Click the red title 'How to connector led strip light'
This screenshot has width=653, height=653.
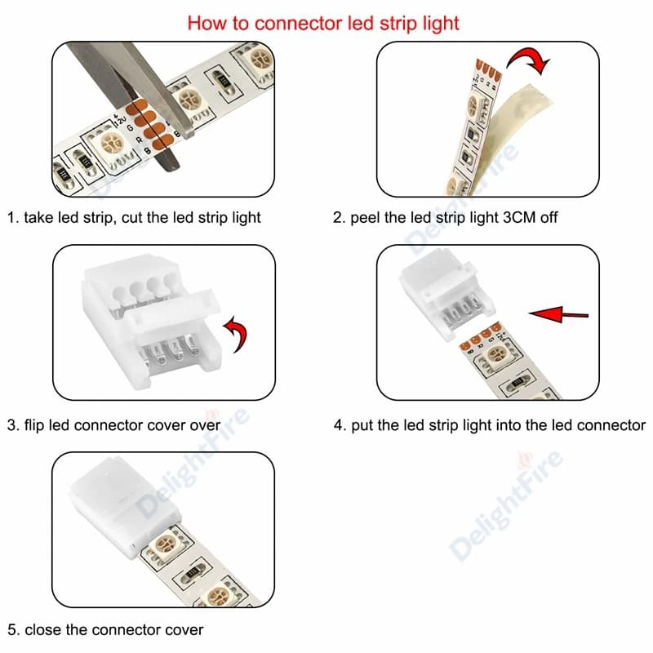click(323, 21)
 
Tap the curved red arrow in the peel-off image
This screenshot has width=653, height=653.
click(529, 62)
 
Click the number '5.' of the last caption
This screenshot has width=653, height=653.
click(12, 629)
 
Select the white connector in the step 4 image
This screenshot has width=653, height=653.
click(445, 294)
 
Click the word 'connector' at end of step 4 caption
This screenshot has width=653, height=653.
click(612, 424)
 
